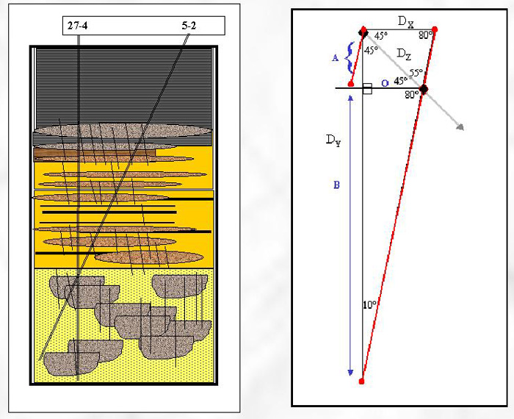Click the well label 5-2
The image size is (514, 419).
(189, 27)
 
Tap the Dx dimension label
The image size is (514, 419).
(405, 21)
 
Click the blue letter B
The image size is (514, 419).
(336, 185)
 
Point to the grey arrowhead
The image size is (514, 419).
(460, 126)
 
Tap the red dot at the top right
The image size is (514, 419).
(435, 29)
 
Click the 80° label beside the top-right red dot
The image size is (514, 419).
(424, 35)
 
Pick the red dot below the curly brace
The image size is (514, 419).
(351, 83)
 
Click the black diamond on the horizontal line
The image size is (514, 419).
(423, 89)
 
